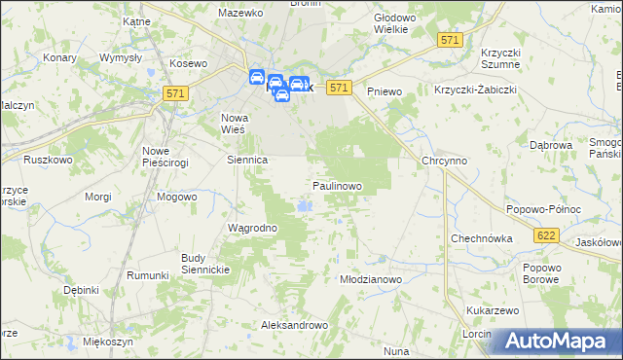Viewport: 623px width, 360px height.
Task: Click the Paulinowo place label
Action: [337, 185]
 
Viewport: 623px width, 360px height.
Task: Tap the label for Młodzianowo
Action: [370, 279]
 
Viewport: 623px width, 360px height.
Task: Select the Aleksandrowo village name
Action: [293, 325]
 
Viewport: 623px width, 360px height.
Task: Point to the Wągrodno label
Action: [252, 229]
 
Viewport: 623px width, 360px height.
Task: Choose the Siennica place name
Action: [246, 160]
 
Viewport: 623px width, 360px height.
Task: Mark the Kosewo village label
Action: [190, 63]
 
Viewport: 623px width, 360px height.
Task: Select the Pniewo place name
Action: [385, 91]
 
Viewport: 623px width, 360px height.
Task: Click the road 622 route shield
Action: [546, 235]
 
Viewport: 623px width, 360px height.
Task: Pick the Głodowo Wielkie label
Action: [395, 23]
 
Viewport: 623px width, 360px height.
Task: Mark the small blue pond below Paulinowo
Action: [306, 205]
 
